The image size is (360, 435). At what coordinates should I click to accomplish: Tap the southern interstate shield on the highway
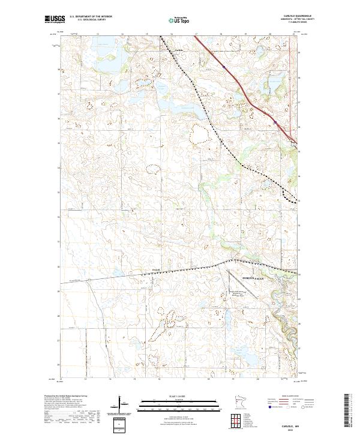click(275, 122)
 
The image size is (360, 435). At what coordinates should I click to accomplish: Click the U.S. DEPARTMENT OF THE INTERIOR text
click(91, 17)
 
